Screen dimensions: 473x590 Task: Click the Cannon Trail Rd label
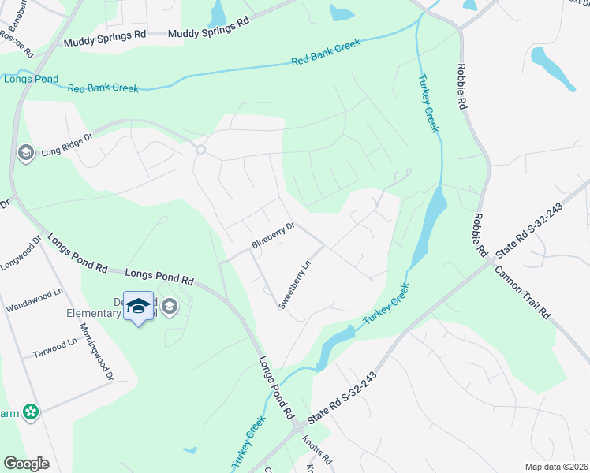click(523, 290)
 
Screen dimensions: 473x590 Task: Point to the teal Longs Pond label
click(21, 79)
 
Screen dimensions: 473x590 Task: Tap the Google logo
click(26, 464)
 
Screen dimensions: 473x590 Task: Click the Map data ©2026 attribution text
click(556, 467)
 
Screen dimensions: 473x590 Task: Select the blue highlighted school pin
click(138, 307)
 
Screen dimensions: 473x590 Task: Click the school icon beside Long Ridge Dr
click(26, 151)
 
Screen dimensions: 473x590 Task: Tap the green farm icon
click(31, 412)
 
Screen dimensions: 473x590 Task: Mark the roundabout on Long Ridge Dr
click(200, 150)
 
